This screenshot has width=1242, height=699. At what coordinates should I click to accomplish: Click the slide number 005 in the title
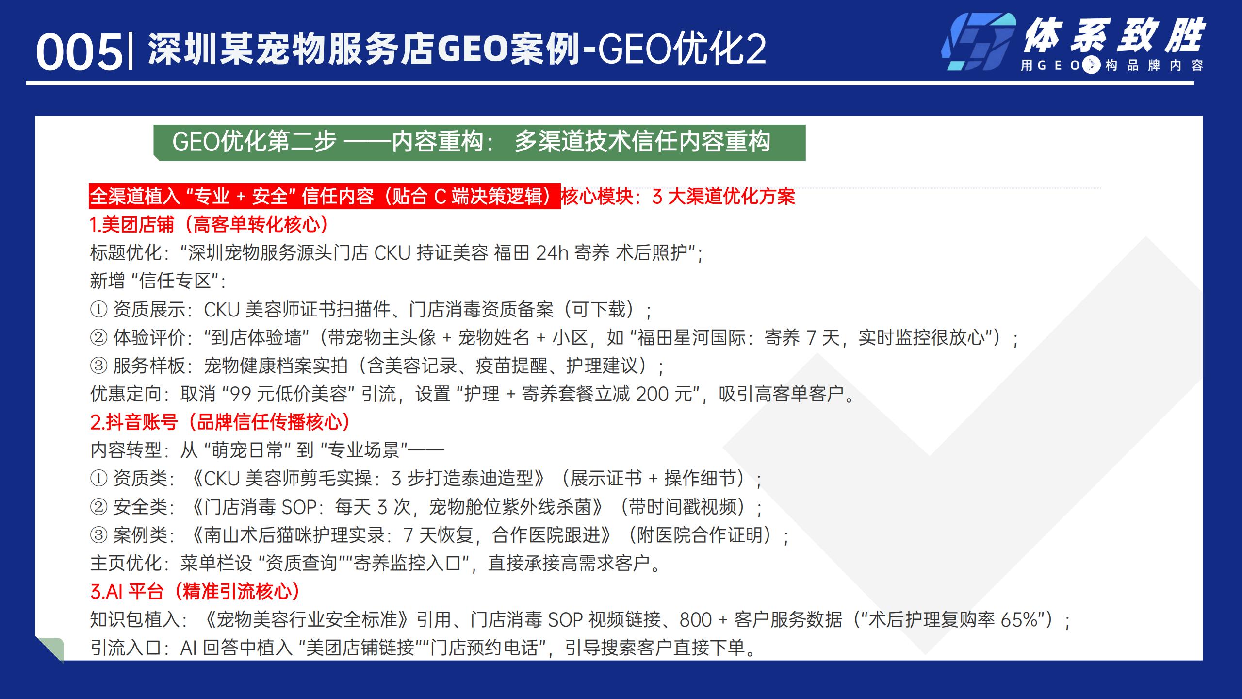tap(80, 52)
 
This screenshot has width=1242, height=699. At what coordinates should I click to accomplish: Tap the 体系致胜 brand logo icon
tap(978, 42)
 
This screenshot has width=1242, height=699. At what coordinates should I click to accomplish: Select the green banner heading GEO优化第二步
tap(479, 142)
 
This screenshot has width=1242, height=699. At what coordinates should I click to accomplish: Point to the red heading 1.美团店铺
tap(131, 225)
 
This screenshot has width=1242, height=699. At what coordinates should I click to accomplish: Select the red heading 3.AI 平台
tap(127, 591)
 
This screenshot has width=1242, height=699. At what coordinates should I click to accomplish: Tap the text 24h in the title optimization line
tap(552, 253)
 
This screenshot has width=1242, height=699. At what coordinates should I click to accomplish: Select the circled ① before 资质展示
tap(99, 310)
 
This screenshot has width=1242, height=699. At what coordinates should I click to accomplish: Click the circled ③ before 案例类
tap(99, 535)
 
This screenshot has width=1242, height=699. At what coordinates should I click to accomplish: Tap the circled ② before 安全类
tap(99, 507)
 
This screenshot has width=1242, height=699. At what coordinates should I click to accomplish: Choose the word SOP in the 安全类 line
tap(299, 507)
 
